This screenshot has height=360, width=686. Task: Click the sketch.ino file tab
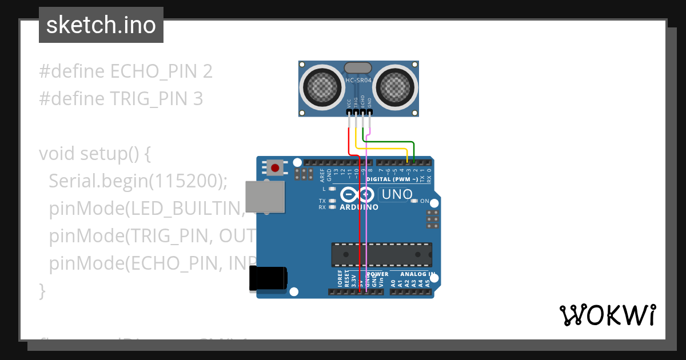click(x=101, y=25)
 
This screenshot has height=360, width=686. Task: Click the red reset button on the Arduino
click(x=276, y=168)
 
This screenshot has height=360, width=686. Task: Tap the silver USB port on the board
click(x=264, y=197)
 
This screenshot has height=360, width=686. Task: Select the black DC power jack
click(x=267, y=280)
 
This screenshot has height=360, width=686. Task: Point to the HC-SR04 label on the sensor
click(x=358, y=81)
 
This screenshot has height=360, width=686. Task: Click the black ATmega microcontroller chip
click(x=381, y=255)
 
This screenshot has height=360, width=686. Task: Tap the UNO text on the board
click(x=397, y=194)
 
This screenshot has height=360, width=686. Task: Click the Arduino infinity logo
click(x=358, y=195)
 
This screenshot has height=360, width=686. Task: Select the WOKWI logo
click(x=607, y=315)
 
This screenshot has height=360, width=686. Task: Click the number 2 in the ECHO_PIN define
click(x=207, y=71)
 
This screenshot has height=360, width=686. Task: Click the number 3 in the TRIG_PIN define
click(x=197, y=99)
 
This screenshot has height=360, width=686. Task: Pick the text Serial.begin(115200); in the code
click(x=138, y=181)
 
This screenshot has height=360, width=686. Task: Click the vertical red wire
click(x=359, y=229)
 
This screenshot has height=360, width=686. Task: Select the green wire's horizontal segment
click(x=389, y=141)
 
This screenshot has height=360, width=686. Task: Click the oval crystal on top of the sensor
click(x=358, y=68)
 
